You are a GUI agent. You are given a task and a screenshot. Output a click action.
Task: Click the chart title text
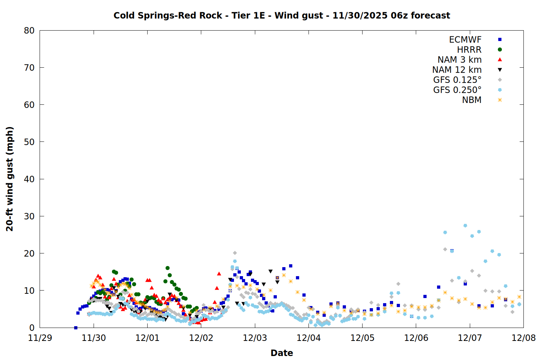coord(282,15)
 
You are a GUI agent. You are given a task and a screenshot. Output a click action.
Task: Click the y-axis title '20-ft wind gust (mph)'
coord(10,179)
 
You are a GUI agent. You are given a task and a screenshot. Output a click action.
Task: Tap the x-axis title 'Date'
coord(282,353)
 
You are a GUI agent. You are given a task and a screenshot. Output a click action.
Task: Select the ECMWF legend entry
coord(465,40)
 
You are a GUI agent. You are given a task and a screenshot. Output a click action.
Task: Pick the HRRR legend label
coord(469,50)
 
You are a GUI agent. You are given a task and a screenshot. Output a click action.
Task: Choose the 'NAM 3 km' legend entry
coord(459,60)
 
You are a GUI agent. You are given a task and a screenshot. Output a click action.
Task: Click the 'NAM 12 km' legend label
coord(457,70)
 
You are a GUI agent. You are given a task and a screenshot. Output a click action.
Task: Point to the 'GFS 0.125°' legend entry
coord(457,80)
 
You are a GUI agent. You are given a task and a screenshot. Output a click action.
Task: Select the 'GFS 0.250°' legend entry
coord(457,90)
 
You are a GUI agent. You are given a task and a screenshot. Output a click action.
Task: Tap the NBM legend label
coord(472,100)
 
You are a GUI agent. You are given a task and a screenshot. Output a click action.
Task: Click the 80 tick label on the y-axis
coord(29,31)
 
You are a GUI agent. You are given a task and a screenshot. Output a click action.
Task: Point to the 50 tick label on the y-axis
coord(29,142)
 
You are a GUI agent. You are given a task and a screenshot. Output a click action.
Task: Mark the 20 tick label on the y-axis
coord(29,253)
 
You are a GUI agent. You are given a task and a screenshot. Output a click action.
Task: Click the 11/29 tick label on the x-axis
coord(40,338)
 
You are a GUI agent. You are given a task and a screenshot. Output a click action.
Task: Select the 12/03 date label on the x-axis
coord(255,338)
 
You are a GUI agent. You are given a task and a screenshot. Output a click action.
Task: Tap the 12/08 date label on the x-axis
coord(523,338)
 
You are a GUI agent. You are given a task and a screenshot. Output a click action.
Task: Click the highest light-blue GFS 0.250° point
coord(465,225)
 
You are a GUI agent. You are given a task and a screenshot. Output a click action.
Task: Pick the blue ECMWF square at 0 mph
coord(76,328)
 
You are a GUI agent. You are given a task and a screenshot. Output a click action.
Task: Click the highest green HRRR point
coord(167,268)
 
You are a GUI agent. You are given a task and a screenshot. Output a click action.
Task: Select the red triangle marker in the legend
coord(500,60)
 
